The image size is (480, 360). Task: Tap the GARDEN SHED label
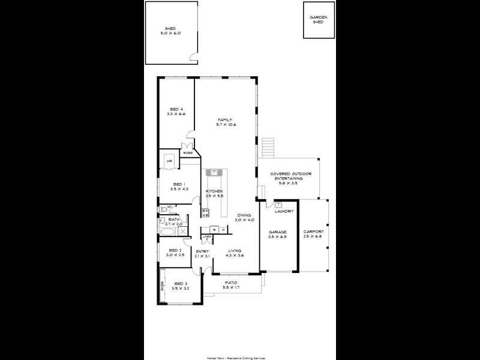[318, 20]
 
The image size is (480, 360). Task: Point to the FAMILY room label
[224, 119]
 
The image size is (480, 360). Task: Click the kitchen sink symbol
[214, 172]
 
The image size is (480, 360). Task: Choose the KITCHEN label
[214, 191]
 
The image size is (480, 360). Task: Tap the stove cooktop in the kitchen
[205, 212]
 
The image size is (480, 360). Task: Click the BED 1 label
[179, 184]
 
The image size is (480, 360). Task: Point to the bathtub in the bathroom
[167, 231]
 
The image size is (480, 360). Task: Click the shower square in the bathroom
[182, 231]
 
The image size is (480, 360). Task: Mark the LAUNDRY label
[284, 211]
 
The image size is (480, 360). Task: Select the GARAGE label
[277, 232]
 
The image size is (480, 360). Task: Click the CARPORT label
[313, 232]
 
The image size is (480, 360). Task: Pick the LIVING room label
[235, 251]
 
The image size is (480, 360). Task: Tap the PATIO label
[231, 283]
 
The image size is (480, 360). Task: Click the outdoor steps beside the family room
[268, 148]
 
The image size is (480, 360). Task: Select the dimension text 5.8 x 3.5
[289, 183]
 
